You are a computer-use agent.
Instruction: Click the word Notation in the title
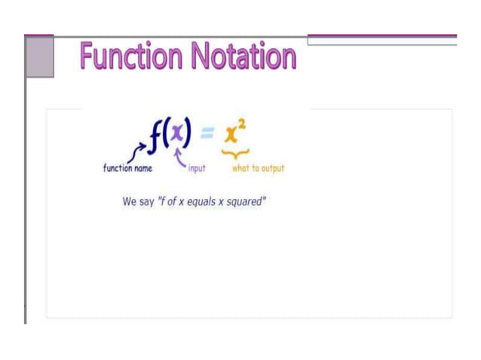[x=244, y=56]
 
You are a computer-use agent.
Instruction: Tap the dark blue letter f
[x=155, y=135]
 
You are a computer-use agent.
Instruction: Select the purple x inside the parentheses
[x=176, y=134]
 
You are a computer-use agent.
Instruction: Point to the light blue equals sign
[x=207, y=133]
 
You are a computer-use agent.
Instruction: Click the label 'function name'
[x=127, y=168]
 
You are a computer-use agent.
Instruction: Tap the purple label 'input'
[x=196, y=169]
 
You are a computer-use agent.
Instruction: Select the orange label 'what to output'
[x=258, y=168]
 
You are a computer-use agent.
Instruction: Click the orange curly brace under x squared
[x=233, y=153]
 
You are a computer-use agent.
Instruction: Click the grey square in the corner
[x=39, y=56]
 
